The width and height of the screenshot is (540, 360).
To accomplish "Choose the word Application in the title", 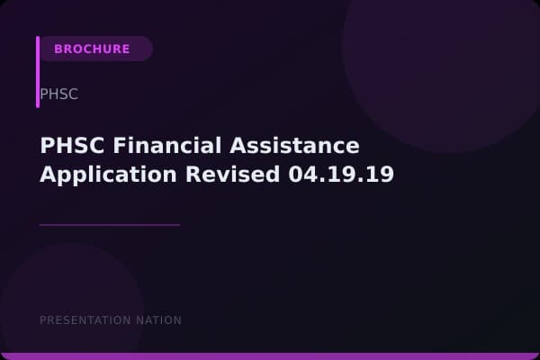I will click(x=104, y=175).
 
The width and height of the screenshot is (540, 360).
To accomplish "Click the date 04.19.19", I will click(x=342, y=175).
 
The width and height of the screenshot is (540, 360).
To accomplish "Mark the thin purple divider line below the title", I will click(x=110, y=225).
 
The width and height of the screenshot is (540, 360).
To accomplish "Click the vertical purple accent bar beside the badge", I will click(x=38, y=72).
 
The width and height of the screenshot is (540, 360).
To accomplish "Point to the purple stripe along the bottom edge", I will click(x=270, y=356).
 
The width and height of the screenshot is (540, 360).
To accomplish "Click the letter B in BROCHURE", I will click(x=58, y=49).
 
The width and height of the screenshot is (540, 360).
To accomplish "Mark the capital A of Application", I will click(x=48, y=175).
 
